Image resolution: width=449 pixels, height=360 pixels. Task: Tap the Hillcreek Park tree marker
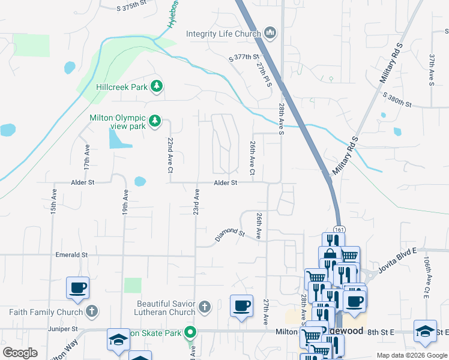coord(157,87)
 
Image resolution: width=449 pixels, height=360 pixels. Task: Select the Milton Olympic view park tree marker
coord(155,122)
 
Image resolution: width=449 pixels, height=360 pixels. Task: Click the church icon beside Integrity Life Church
coord(270,33)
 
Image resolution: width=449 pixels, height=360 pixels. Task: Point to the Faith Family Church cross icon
coord(91,311)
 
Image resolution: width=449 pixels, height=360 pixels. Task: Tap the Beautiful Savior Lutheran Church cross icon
coord(204,308)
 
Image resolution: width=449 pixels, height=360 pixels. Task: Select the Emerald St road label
coord(71,255)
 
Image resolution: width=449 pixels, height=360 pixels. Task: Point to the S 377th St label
coord(247,58)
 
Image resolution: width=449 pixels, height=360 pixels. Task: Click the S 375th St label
coord(131,6)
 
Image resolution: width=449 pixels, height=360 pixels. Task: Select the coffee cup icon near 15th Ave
coord(78,287)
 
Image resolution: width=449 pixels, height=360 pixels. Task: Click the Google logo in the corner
coord(20,352)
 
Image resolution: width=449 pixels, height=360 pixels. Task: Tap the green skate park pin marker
coord(191,332)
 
